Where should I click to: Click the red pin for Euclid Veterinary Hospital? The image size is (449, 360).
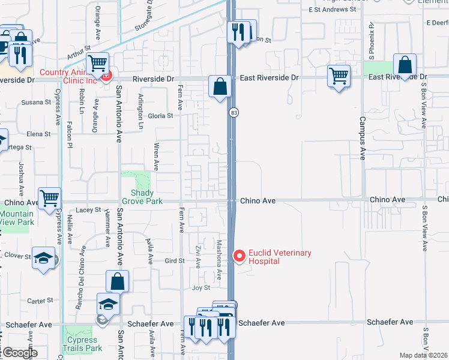[240, 256]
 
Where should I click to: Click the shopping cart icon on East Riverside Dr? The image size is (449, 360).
[339, 76]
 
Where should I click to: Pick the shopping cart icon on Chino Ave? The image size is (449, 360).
[49, 197]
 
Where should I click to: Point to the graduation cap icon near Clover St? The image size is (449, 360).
[44, 258]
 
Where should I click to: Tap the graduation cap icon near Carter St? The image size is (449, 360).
[108, 304]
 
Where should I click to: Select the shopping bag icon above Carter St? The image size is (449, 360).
[118, 280]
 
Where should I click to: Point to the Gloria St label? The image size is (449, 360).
[161, 116]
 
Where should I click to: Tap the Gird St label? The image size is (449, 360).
[174, 261]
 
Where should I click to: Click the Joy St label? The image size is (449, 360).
[200, 287]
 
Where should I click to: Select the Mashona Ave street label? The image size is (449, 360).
[219, 260]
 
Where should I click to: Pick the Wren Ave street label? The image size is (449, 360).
[156, 157]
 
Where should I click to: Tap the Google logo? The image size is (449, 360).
[20, 353]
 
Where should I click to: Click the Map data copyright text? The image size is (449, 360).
[423, 355]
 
